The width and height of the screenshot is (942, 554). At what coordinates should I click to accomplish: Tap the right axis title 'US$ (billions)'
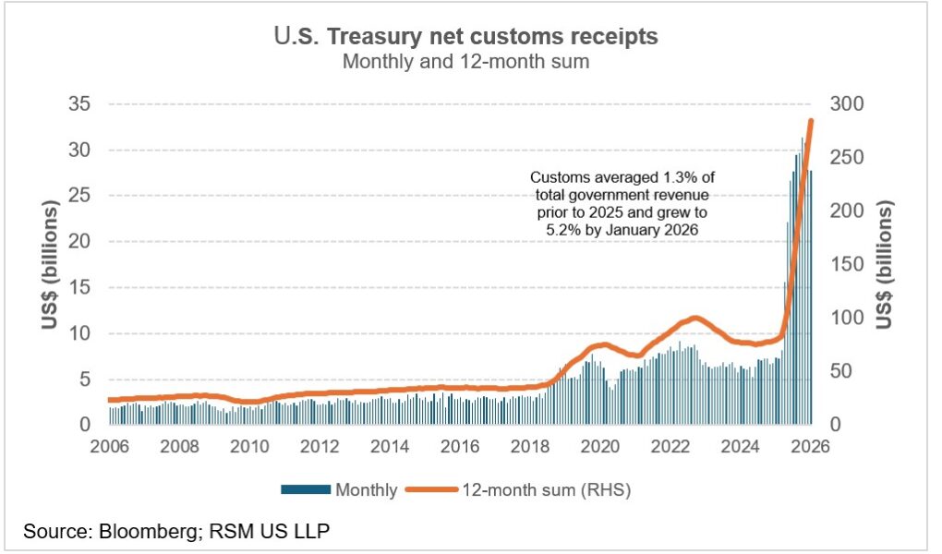coord(885,264)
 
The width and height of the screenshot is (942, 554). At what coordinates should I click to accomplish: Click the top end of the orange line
coord(811,121)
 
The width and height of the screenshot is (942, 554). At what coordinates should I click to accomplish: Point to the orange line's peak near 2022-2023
coord(695,318)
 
